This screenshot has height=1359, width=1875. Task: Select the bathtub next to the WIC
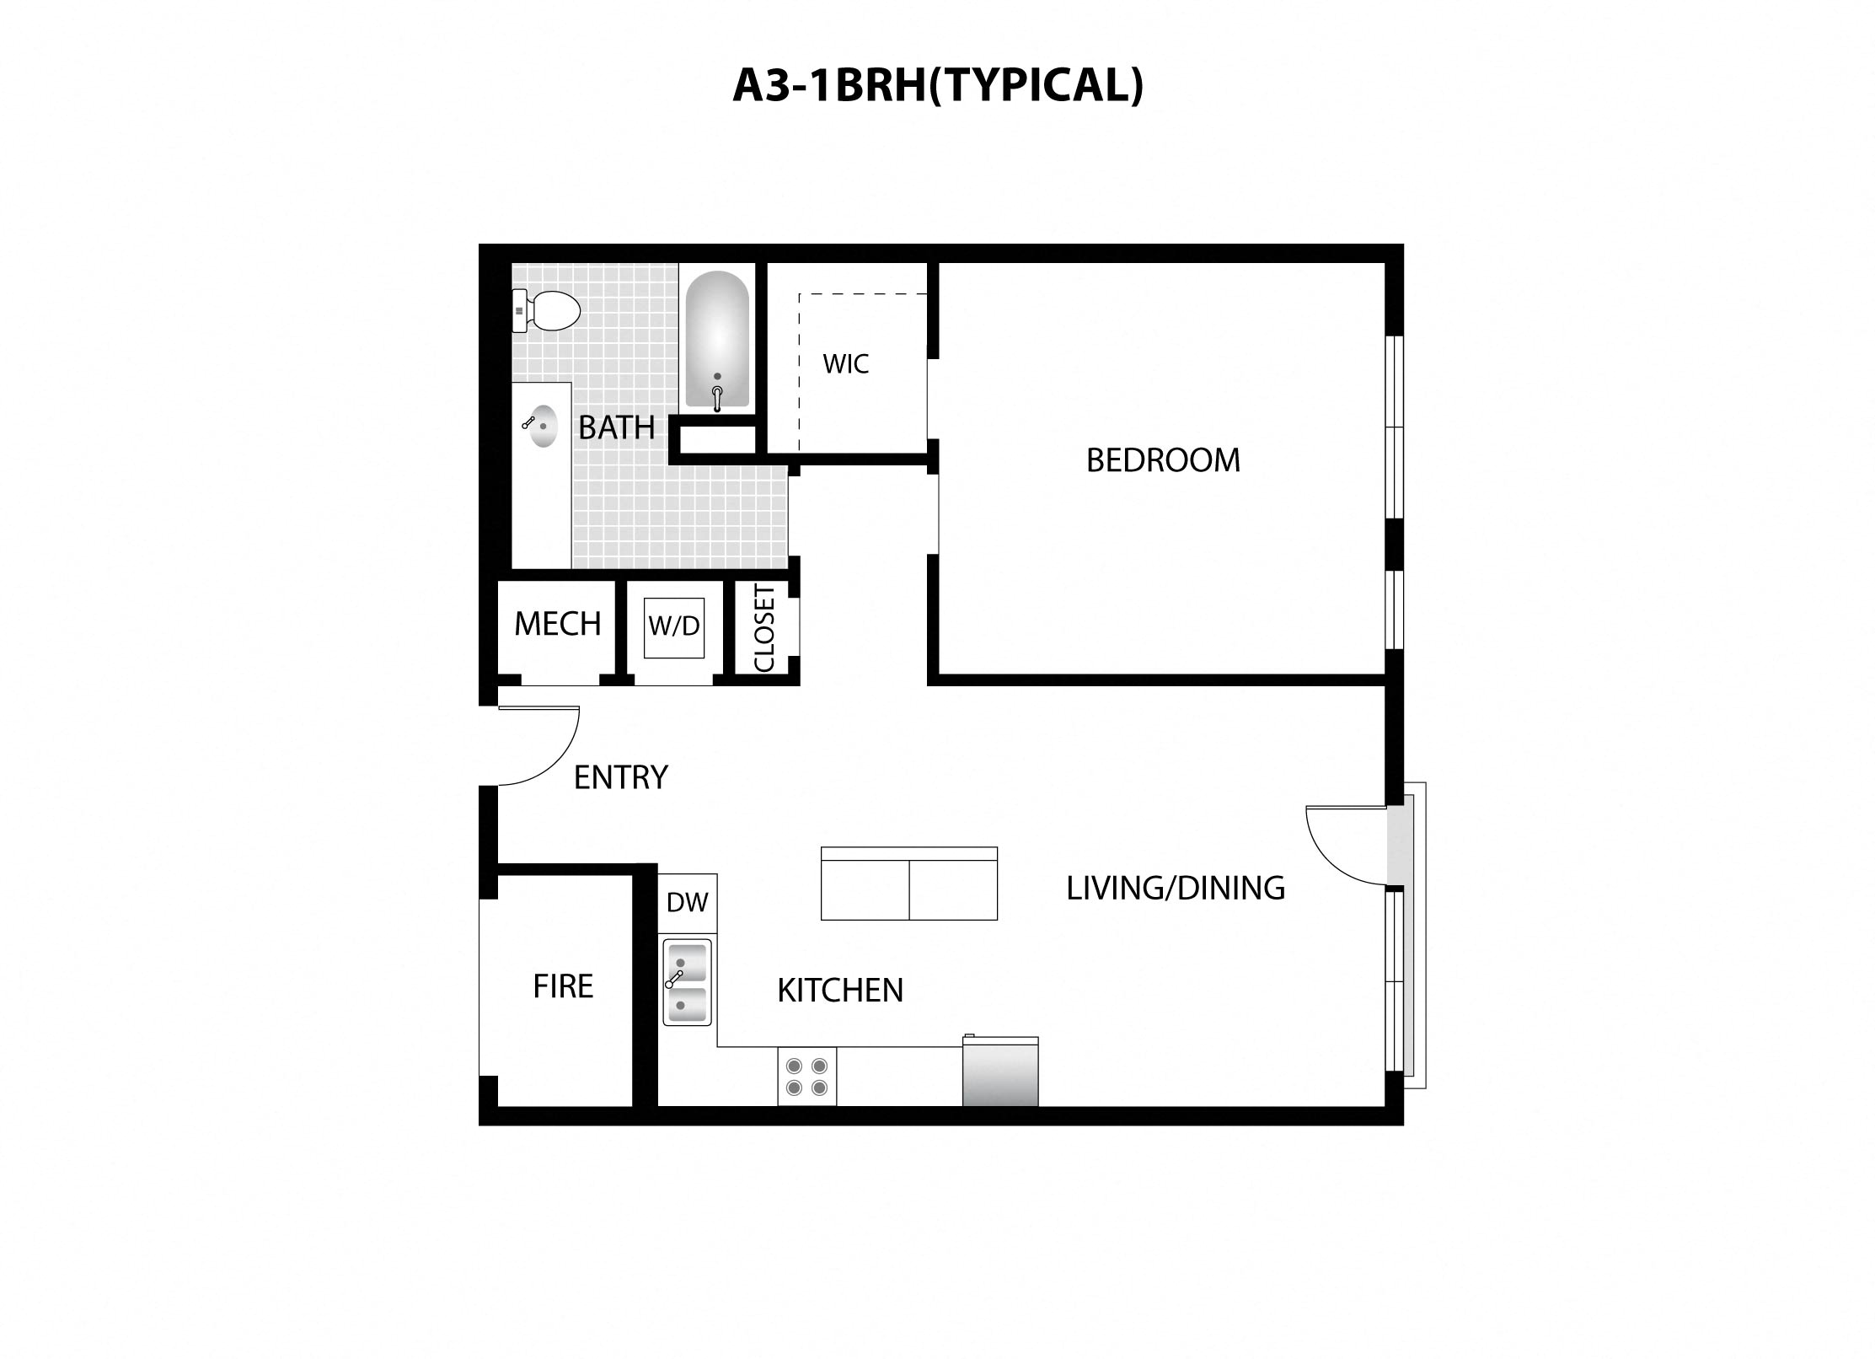pos(717,341)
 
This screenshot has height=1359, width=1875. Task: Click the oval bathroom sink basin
pos(541,427)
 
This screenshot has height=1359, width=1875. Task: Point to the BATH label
pos(616,428)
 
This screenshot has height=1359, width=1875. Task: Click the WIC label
pos(845,364)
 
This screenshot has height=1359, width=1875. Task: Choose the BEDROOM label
pos(1163,460)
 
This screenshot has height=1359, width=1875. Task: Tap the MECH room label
pos(557,624)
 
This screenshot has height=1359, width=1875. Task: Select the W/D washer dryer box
pos(673,626)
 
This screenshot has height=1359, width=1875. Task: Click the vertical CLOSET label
pos(764,628)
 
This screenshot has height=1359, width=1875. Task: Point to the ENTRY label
pos(620,777)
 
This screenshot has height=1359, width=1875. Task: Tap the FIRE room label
pos(563,986)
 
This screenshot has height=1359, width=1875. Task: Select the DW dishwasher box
pos(687,903)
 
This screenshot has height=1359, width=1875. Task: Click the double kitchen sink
pos(687,982)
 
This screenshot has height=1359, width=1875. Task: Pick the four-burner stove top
pos(806,1077)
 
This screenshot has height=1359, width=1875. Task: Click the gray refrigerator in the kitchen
pos(1000,1072)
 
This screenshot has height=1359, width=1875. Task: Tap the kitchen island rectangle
pos(908,884)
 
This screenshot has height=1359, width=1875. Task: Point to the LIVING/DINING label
pos(1176,889)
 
